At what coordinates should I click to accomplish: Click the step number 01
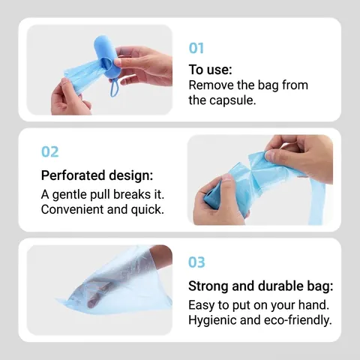tap(196, 48)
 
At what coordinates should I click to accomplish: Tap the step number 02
tap(50, 151)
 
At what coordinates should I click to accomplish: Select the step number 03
tap(196, 262)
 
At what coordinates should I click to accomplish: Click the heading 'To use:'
tap(210, 69)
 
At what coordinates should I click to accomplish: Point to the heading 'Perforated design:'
tap(97, 175)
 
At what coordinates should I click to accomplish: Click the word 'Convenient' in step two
tap(73, 209)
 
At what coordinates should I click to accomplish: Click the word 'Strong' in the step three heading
tap(208, 286)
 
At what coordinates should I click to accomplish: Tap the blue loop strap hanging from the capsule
tap(115, 88)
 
